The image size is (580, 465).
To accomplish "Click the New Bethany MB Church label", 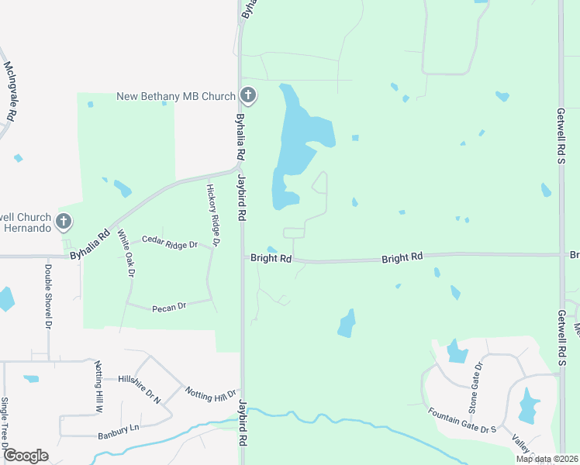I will click(x=175, y=97).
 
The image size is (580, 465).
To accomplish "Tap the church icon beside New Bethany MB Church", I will click(x=248, y=96).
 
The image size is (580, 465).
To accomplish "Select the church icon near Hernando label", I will click(x=64, y=222).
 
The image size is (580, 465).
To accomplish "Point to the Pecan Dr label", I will click(x=170, y=306).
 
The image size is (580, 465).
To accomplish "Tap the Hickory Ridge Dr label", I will click(x=214, y=215).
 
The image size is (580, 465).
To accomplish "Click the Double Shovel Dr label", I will click(x=48, y=298).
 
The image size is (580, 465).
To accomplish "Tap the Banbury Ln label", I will click(x=119, y=428).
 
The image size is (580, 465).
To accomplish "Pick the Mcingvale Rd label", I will click(x=9, y=91).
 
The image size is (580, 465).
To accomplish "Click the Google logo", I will click(x=25, y=456).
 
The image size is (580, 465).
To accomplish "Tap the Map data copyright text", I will click(x=547, y=459).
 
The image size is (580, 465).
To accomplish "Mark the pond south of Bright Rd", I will click(x=347, y=323).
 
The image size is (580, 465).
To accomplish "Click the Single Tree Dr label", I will click(x=4, y=424).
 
